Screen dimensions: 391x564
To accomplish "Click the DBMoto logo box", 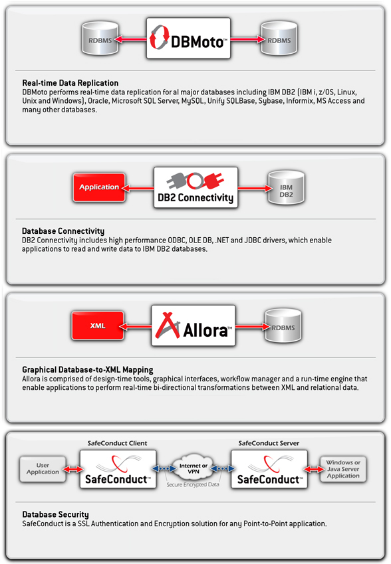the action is click(188, 39).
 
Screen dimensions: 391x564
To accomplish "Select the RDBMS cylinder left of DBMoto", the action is click(100, 39).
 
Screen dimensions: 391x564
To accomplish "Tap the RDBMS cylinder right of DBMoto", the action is click(279, 39).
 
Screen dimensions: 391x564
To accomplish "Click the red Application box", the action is click(99, 187).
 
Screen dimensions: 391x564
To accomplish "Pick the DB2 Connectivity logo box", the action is click(195, 187).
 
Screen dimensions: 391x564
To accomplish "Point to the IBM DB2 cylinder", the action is click(286, 188).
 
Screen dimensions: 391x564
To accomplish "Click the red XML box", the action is click(98, 326).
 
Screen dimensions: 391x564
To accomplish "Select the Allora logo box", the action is click(194, 326).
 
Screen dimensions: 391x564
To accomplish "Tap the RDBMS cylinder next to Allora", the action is click(283, 326).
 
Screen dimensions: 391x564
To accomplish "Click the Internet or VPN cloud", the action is click(194, 468).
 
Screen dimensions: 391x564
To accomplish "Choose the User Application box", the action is click(43, 469).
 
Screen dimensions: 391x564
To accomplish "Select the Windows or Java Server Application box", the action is click(343, 469).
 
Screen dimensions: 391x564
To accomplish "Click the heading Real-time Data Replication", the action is click(70, 83).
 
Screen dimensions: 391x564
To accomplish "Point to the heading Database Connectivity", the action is click(63, 231).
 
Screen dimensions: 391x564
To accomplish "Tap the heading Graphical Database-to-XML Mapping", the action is click(88, 370).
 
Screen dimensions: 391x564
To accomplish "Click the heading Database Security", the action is click(55, 514).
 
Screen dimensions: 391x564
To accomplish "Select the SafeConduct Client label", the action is click(118, 443).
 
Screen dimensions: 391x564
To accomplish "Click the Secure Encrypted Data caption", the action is click(193, 485).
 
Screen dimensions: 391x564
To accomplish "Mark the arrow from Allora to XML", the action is click(136, 326).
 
